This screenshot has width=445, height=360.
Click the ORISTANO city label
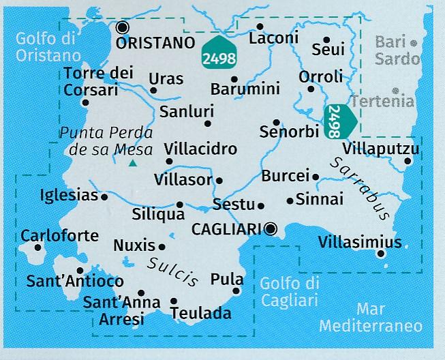point(155,43)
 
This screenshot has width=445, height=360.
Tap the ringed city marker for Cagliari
point(272,228)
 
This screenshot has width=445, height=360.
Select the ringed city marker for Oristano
point(123,27)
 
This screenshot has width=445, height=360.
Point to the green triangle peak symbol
point(132,163)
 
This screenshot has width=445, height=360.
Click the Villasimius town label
point(359,242)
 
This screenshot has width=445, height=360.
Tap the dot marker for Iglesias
point(104,196)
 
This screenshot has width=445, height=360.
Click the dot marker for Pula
point(236,291)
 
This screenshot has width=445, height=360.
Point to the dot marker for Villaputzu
point(408,161)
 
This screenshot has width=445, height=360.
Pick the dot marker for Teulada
point(174,301)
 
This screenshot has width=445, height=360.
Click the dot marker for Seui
point(326,40)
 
